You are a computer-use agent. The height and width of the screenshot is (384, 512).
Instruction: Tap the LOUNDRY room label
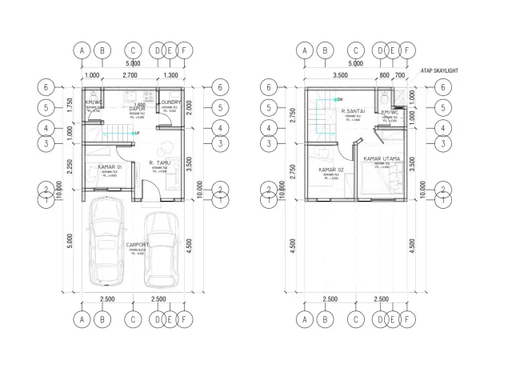point(170,103)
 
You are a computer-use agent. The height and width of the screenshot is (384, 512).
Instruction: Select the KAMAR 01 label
point(110,167)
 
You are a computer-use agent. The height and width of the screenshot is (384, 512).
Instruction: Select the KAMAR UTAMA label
point(382,159)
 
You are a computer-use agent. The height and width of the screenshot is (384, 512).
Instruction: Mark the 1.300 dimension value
point(170,74)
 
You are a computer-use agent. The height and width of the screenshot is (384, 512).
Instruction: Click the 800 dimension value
point(386,74)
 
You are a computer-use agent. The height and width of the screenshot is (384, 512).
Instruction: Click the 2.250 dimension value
point(70,165)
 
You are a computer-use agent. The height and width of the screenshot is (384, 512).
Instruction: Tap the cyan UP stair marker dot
point(134,133)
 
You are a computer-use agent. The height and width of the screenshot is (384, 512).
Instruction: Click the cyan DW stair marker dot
point(316,98)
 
